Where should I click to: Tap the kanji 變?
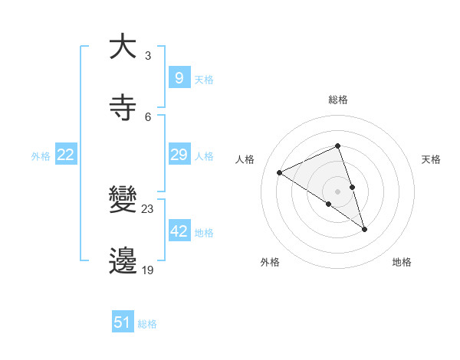pos(122,200)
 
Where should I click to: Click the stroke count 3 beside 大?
pos(148,56)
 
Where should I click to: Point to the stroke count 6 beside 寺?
pos(148,116)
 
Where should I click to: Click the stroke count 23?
pos(148,209)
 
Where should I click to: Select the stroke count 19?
pos(148,270)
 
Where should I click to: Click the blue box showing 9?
pos(179,77)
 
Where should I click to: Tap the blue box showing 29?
pos(179,155)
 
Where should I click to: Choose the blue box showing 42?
pos(179,231)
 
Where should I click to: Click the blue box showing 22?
pos(66,155)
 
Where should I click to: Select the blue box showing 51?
pos(123,322)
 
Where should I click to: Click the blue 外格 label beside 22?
pos(41,156)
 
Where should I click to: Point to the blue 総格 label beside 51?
pos(147,324)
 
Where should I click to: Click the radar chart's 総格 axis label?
pos(337,100)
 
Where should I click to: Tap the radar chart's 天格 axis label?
pos(431,159)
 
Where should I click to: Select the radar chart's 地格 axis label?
pos(402,262)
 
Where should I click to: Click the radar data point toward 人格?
pos(280,172)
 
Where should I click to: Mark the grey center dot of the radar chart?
pos(337,191)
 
